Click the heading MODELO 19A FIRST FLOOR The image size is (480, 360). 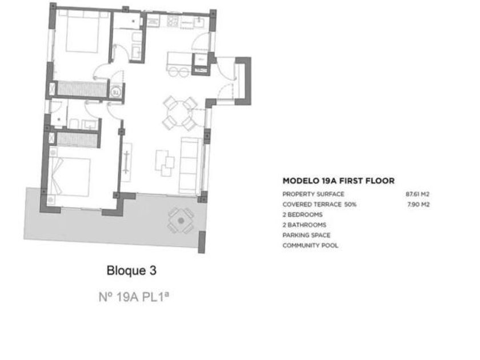(x=338, y=181)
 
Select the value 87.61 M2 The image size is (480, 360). (x=418, y=194)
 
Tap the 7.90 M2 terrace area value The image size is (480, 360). (x=418, y=204)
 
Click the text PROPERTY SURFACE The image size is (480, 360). (x=313, y=194)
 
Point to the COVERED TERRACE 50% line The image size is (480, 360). (x=319, y=204)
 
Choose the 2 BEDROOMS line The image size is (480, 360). (x=302, y=215)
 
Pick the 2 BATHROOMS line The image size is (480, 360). (x=304, y=225)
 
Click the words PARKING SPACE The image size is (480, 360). (x=306, y=235)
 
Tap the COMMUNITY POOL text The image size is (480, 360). (x=310, y=246)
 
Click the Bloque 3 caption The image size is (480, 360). (x=131, y=271)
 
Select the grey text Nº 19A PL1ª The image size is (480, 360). (x=134, y=297)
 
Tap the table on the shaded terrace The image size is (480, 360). (x=181, y=221)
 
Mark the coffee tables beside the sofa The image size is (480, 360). (x=165, y=163)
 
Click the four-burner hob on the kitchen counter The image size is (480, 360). (x=173, y=21)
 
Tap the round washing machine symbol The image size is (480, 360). (x=116, y=91)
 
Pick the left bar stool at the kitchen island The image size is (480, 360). (x=174, y=73)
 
